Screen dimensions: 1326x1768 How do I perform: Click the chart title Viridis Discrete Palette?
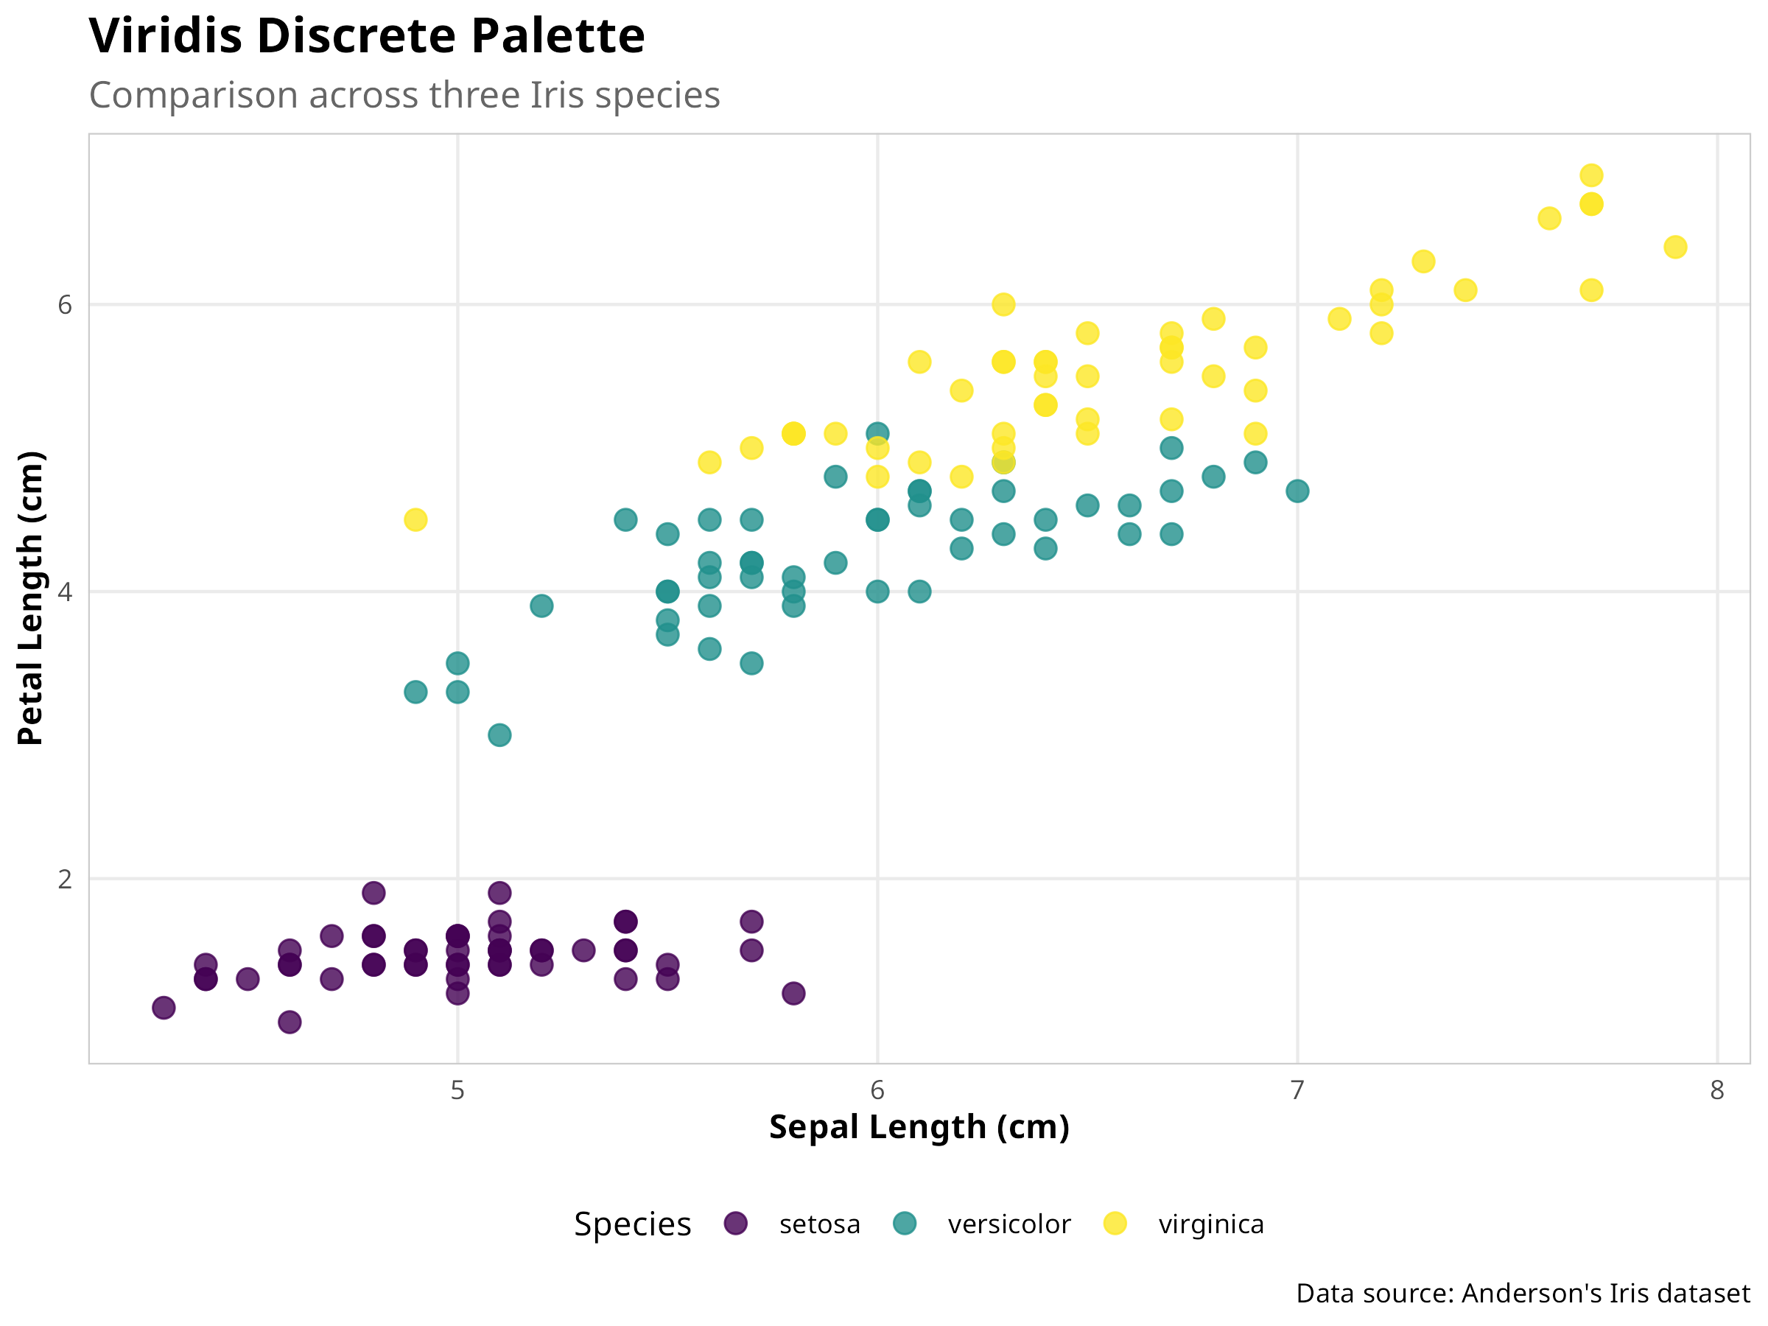click(x=366, y=36)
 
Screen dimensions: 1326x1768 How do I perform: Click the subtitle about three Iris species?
click(x=404, y=95)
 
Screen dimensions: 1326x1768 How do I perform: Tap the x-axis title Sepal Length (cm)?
click(x=919, y=1127)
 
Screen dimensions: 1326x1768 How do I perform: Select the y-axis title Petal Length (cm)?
click(x=30, y=598)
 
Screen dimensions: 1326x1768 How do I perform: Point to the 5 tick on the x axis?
click(x=457, y=1090)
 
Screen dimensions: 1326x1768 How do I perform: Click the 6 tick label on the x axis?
click(x=877, y=1090)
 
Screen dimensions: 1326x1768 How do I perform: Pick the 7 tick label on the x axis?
click(x=1297, y=1090)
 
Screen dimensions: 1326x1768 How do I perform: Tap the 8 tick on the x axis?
click(x=1717, y=1090)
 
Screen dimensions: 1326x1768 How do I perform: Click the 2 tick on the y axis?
click(x=65, y=879)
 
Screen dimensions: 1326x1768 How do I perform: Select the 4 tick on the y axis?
click(x=65, y=592)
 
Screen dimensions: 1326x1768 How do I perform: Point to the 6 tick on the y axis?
click(x=65, y=304)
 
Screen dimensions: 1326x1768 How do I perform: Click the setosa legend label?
click(x=819, y=1224)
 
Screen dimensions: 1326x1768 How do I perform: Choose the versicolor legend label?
click(x=1008, y=1224)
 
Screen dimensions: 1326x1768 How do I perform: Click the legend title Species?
click(x=632, y=1224)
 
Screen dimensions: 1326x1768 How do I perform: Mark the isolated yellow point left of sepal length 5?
click(x=415, y=519)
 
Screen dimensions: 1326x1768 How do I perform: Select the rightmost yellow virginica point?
click(x=1675, y=247)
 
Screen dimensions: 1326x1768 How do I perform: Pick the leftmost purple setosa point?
click(x=164, y=1008)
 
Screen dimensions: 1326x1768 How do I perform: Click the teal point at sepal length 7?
click(x=1297, y=491)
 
